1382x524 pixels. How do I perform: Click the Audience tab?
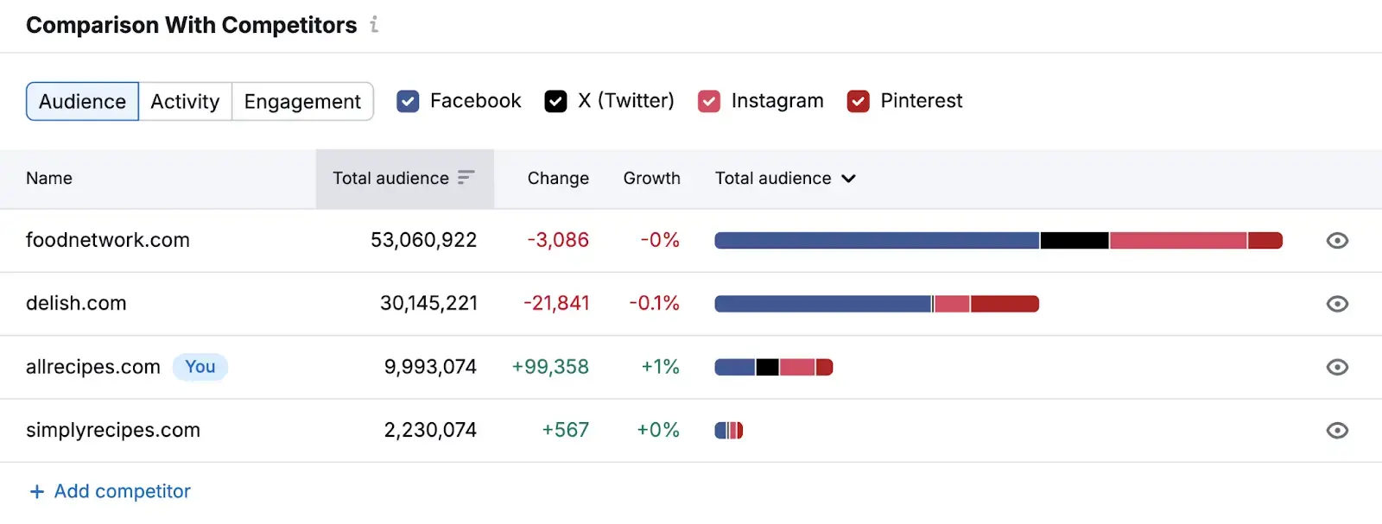82,102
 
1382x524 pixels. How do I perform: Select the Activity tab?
185,102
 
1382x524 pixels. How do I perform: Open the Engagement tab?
302,102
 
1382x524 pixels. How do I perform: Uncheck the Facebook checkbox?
408,102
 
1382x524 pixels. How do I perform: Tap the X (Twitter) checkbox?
555,102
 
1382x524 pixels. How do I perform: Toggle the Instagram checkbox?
709,102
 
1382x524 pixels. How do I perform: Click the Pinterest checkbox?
858,102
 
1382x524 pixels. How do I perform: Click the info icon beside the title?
374,25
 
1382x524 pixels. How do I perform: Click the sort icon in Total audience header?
466,178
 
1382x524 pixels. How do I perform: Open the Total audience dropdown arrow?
848,179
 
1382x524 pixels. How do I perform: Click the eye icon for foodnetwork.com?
1336,241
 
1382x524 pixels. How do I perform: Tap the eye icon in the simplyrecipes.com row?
1336,431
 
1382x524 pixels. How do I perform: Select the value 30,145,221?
428,304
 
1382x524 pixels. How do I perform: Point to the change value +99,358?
550,367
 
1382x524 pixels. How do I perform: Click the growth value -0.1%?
654,304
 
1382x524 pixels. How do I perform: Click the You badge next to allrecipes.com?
200,367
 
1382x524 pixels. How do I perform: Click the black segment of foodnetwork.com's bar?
1074,241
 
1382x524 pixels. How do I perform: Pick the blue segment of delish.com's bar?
822,304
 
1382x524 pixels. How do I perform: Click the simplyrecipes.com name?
113,431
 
